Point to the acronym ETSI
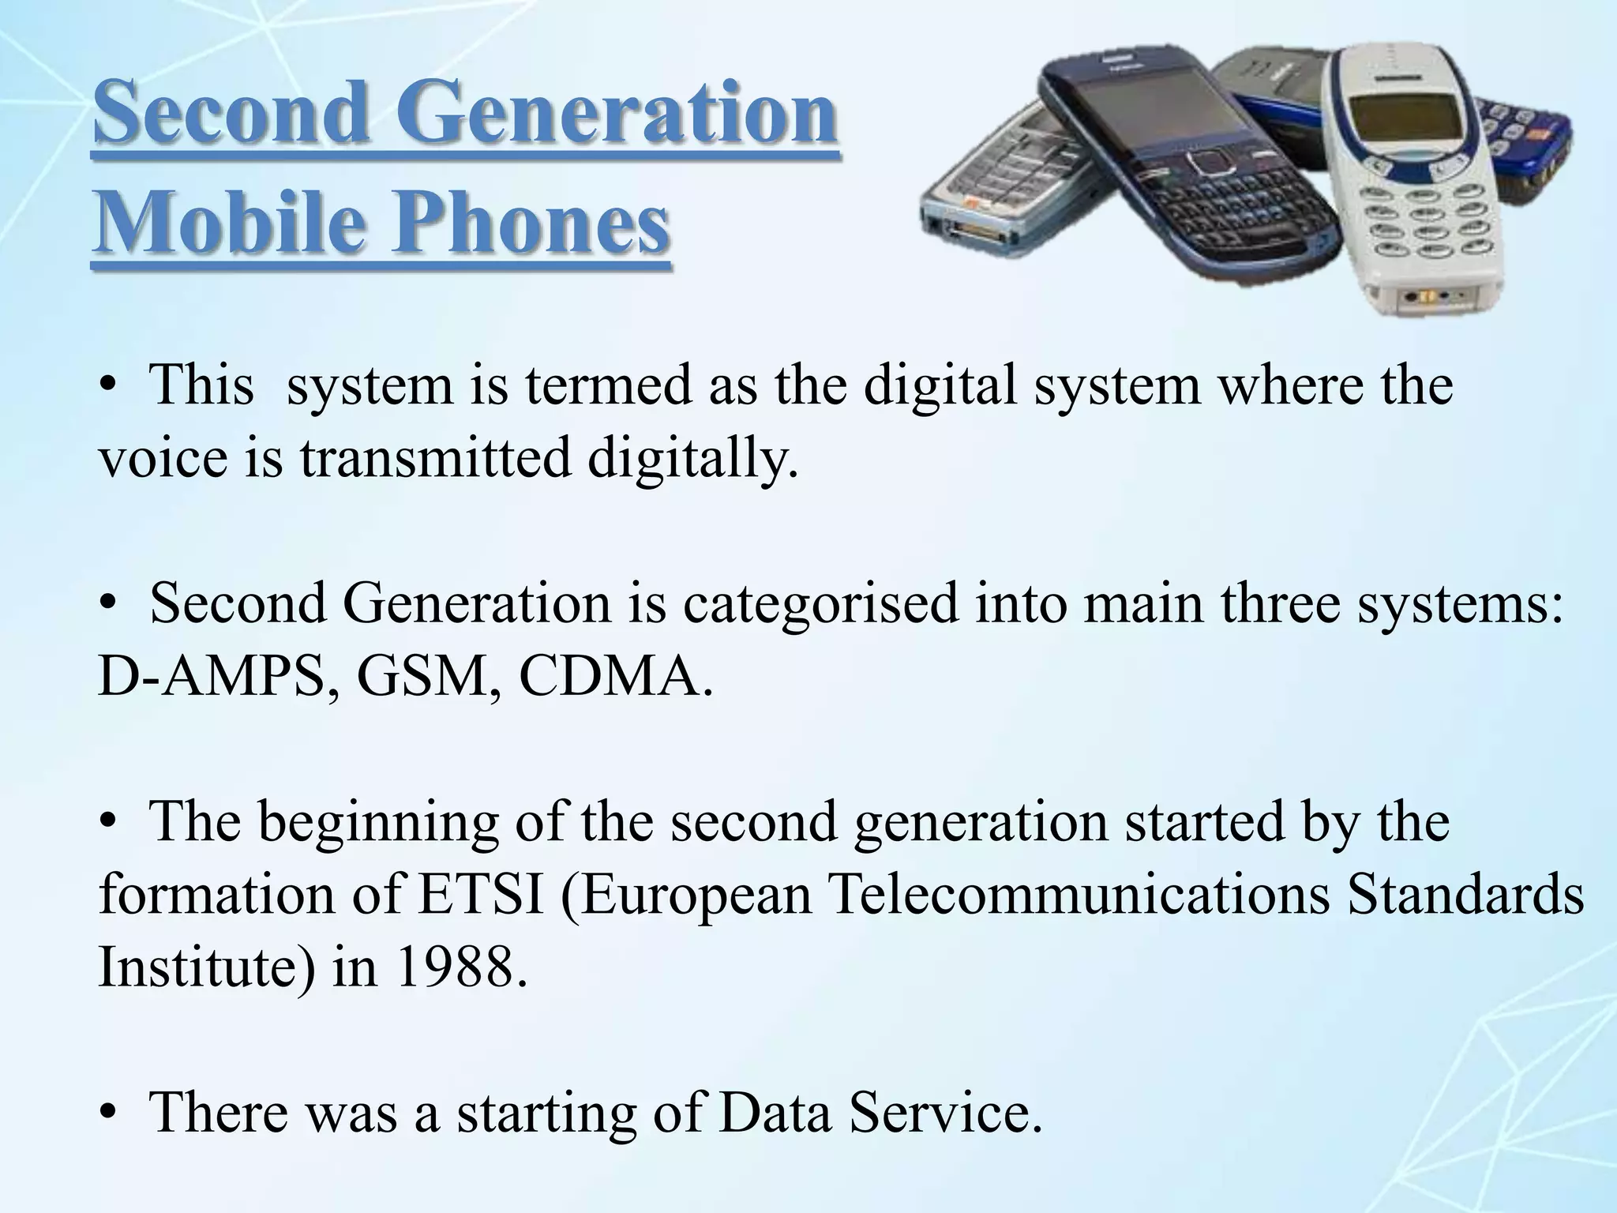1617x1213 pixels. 481,895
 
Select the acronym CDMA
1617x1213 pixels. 609,677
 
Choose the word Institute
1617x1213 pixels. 198,967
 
